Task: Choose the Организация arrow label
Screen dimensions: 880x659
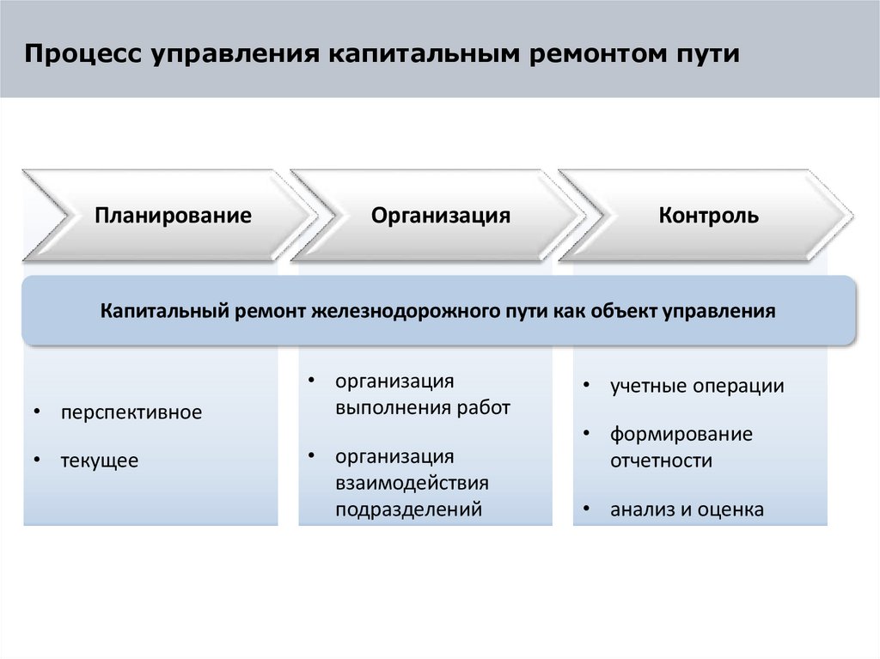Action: point(441,215)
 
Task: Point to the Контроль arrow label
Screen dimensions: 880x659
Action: point(709,215)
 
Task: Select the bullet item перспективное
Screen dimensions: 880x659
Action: point(131,412)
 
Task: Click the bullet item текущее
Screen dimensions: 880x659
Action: point(99,461)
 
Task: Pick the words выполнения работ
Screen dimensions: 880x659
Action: point(423,407)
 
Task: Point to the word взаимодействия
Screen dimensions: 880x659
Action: point(412,483)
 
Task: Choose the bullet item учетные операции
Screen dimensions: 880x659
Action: point(697,386)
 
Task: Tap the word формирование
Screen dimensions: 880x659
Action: point(681,434)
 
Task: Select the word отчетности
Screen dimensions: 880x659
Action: point(661,461)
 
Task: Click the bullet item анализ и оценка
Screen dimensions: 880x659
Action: point(687,510)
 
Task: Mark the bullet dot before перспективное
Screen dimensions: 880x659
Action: point(36,413)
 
